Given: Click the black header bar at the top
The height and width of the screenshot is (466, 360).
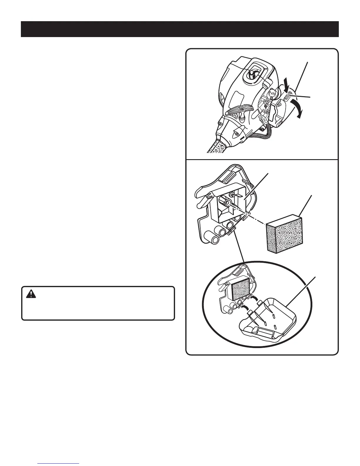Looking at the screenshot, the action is click(x=180, y=29).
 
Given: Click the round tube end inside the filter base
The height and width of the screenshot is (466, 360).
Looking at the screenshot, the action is click(x=227, y=203).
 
